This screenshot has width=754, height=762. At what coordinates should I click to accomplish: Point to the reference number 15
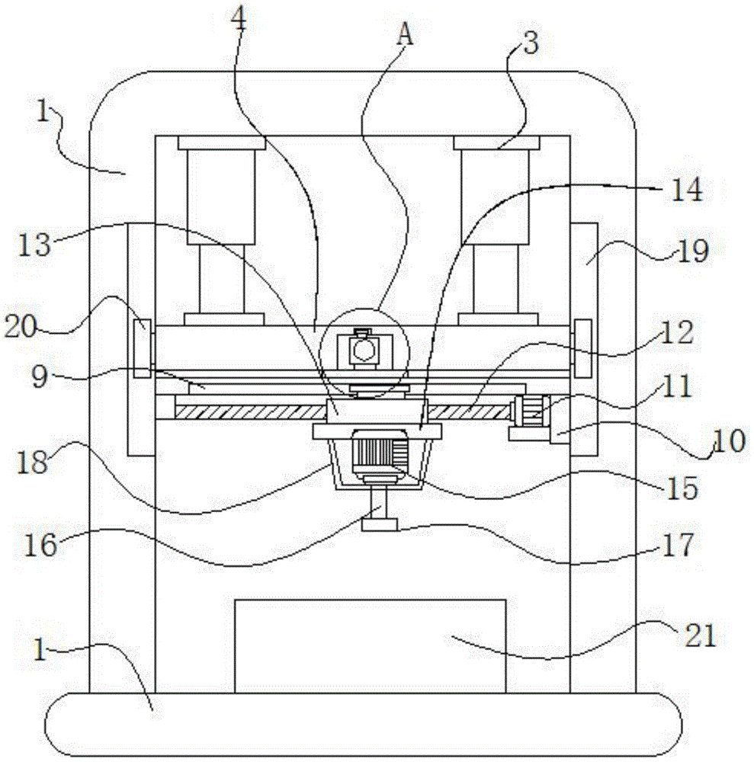[x=683, y=488]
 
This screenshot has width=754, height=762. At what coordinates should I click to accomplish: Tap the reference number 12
[x=679, y=332]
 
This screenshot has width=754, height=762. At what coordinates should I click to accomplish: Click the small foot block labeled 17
[x=379, y=524]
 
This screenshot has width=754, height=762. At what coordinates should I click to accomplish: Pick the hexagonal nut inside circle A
[x=363, y=350]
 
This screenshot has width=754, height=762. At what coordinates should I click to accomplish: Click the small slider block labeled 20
[x=142, y=348]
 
